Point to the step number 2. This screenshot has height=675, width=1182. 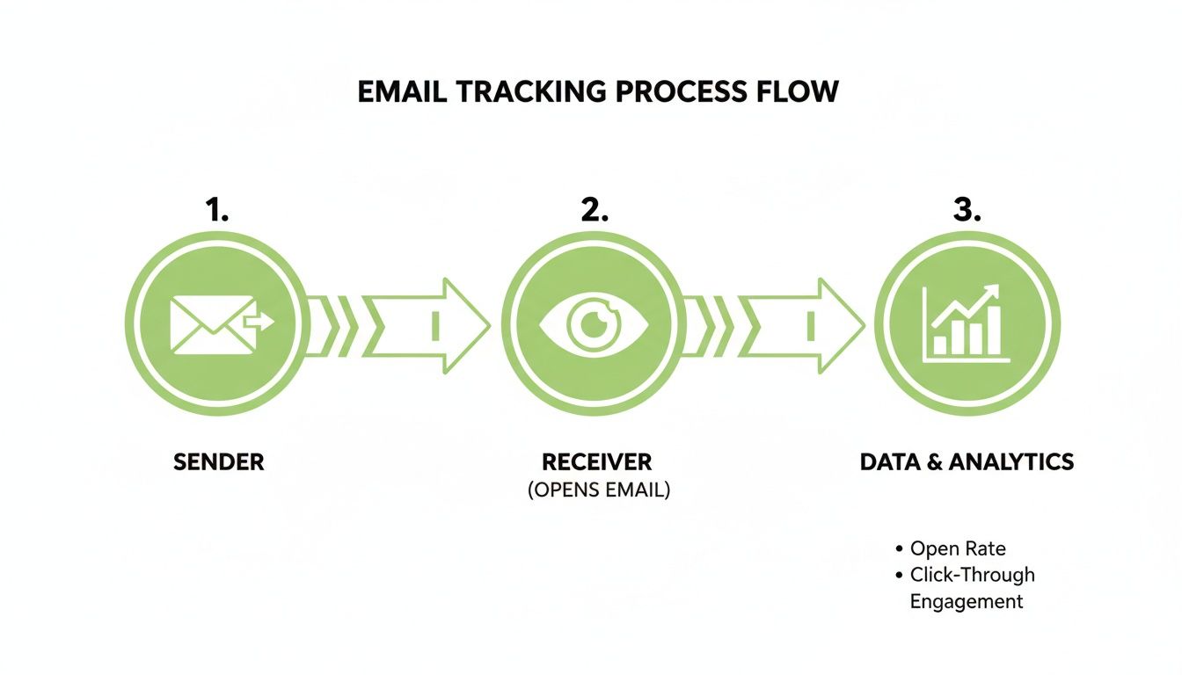(595, 210)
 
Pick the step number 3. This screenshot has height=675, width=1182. (967, 210)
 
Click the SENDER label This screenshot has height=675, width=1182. (219, 462)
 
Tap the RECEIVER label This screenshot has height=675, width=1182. (597, 462)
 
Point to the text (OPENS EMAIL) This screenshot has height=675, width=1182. (598, 490)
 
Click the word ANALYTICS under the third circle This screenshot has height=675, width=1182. (1012, 462)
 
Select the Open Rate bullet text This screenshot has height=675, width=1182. (957, 548)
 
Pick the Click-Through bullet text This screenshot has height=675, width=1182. (972, 575)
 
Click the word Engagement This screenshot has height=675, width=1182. (966, 601)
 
